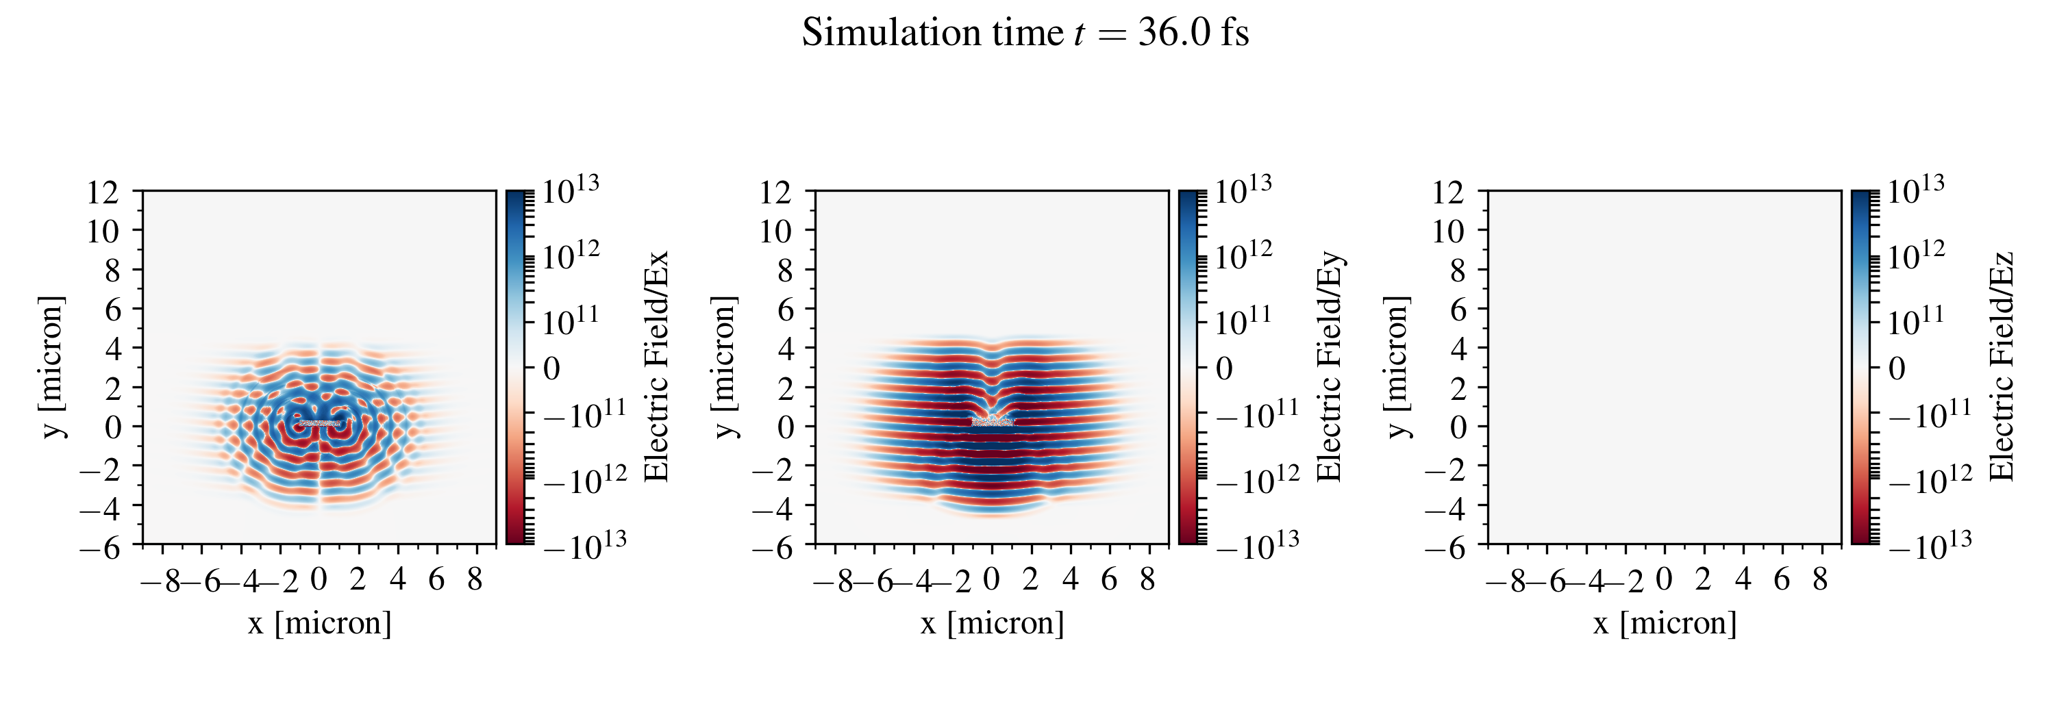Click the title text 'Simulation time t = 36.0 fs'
coord(1025,34)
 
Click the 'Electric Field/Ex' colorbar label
coord(656,366)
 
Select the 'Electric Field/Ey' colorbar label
coord(1329,366)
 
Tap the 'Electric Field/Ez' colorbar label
coord(2002,366)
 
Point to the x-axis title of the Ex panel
coord(319,622)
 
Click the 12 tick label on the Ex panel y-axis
coord(103,192)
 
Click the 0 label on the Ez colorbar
coord(1897,368)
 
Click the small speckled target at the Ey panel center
coord(993,421)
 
